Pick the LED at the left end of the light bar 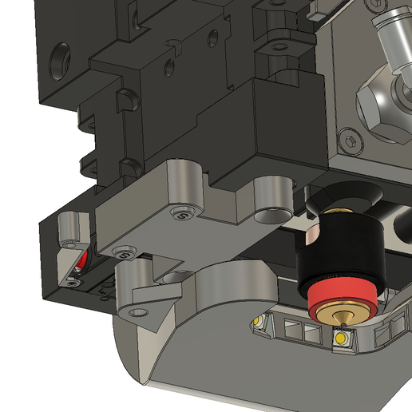coord(258,321)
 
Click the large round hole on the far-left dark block coord(61,59)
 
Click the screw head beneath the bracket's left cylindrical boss coord(184,212)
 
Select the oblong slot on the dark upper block coord(211,37)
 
